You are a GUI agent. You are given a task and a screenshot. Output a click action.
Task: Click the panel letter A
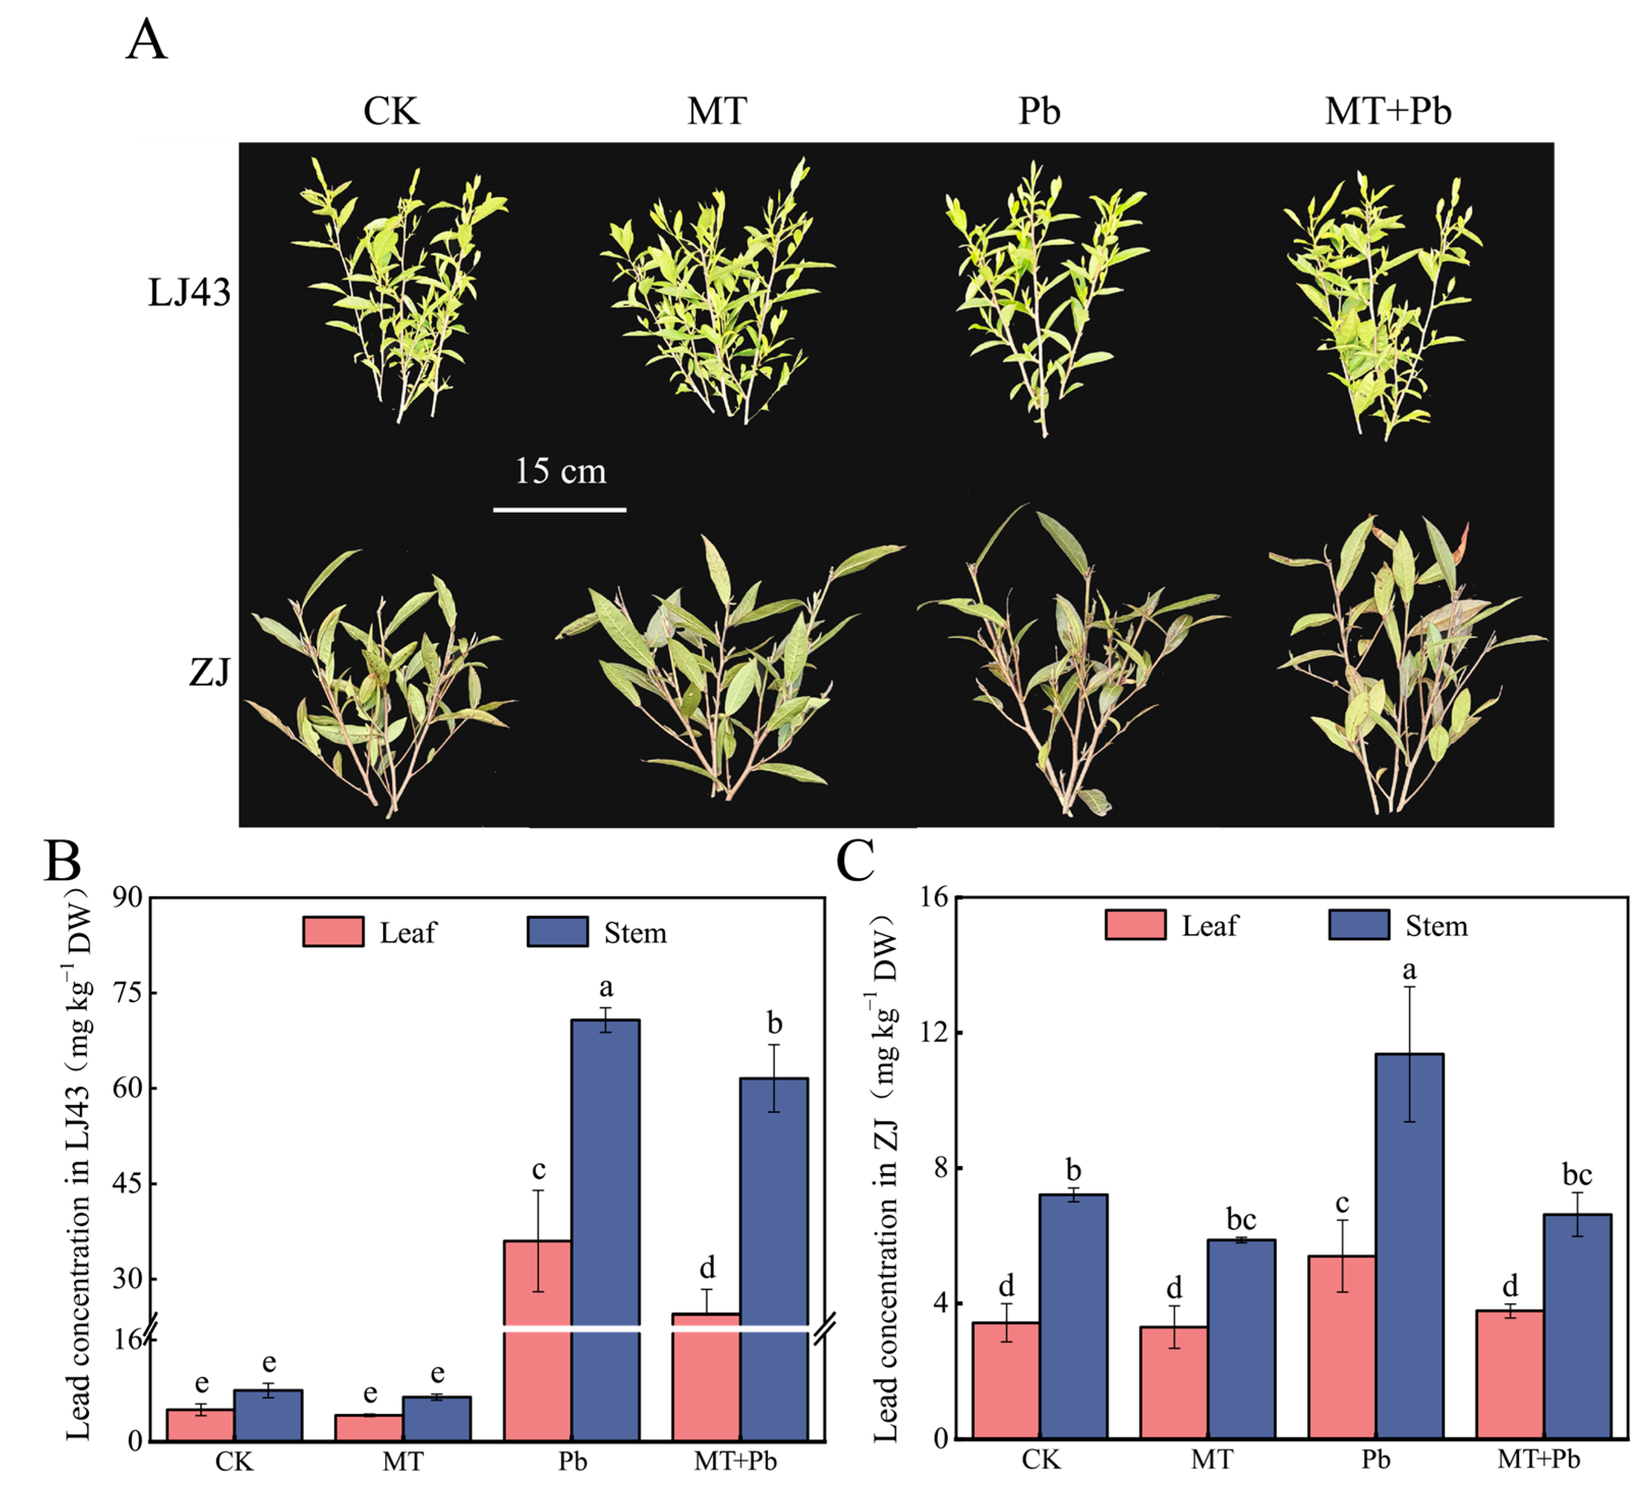coord(147,41)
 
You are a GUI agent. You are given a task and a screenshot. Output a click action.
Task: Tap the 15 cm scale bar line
coord(560,510)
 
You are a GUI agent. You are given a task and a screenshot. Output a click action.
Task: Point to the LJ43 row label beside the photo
coord(189,292)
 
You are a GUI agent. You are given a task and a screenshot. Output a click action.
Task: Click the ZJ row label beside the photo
coord(210,672)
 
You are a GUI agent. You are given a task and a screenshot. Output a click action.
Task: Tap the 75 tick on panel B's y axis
coord(128,993)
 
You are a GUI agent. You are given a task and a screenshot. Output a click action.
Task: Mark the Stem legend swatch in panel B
coord(557,931)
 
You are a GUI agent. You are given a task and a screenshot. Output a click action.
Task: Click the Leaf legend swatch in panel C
coord(1135,925)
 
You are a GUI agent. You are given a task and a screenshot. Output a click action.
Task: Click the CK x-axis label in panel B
coord(235,1461)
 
